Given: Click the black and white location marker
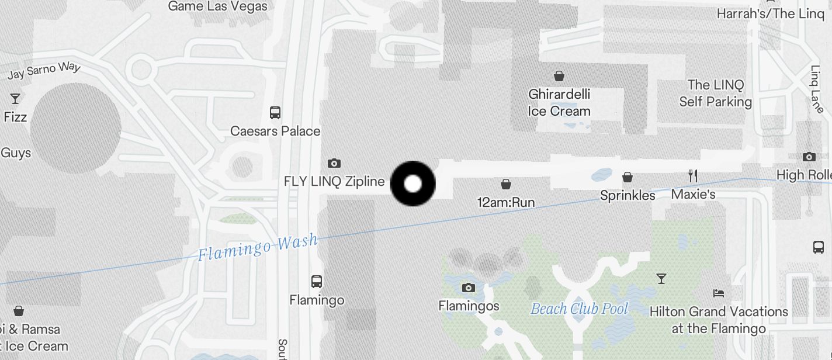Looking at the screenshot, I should pyautogui.click(x=412, y=184).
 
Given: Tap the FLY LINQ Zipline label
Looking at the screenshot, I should pyautogui.click(x=334, y=181).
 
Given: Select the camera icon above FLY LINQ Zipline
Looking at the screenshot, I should pyautogui.click(x=334, y=163).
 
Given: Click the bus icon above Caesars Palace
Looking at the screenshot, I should pyautogui.click(x=275, y=113).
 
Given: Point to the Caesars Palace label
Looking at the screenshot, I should pyautogui.click(x=275, y=131).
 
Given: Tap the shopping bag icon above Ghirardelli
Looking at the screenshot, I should pyautogui.click(x=559, y=75).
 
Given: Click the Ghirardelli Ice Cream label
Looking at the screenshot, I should pyautogui.click(x=559, y=102).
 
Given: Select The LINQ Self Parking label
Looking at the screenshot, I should pyautogui.click(x=715, y=94).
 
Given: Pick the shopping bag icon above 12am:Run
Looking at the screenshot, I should pyautogui.click(x=506, y=184).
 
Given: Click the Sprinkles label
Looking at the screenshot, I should pyautogui.click(x=628, y=195).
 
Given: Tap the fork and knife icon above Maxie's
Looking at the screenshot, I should pyautogui.click(x=693, y=175).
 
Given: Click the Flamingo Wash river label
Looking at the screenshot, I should pyautogui.click(x=258, y=247).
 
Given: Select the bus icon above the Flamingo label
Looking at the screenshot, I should pyautogui.click(x=317, y=282).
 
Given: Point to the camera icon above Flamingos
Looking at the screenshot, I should pyautogui.click(x=468, y=288).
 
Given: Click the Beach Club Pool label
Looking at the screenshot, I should pyautogui.click(x=579, y=309).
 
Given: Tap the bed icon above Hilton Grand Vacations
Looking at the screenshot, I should pyautogui.click(x=719, y=293).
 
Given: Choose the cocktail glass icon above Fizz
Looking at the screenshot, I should pyautogui.click(x=15, y=99).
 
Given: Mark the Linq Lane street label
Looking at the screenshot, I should pyautogui.click(x=817, y=89).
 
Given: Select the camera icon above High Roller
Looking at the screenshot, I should pyautogui.click(x=809, y=157).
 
